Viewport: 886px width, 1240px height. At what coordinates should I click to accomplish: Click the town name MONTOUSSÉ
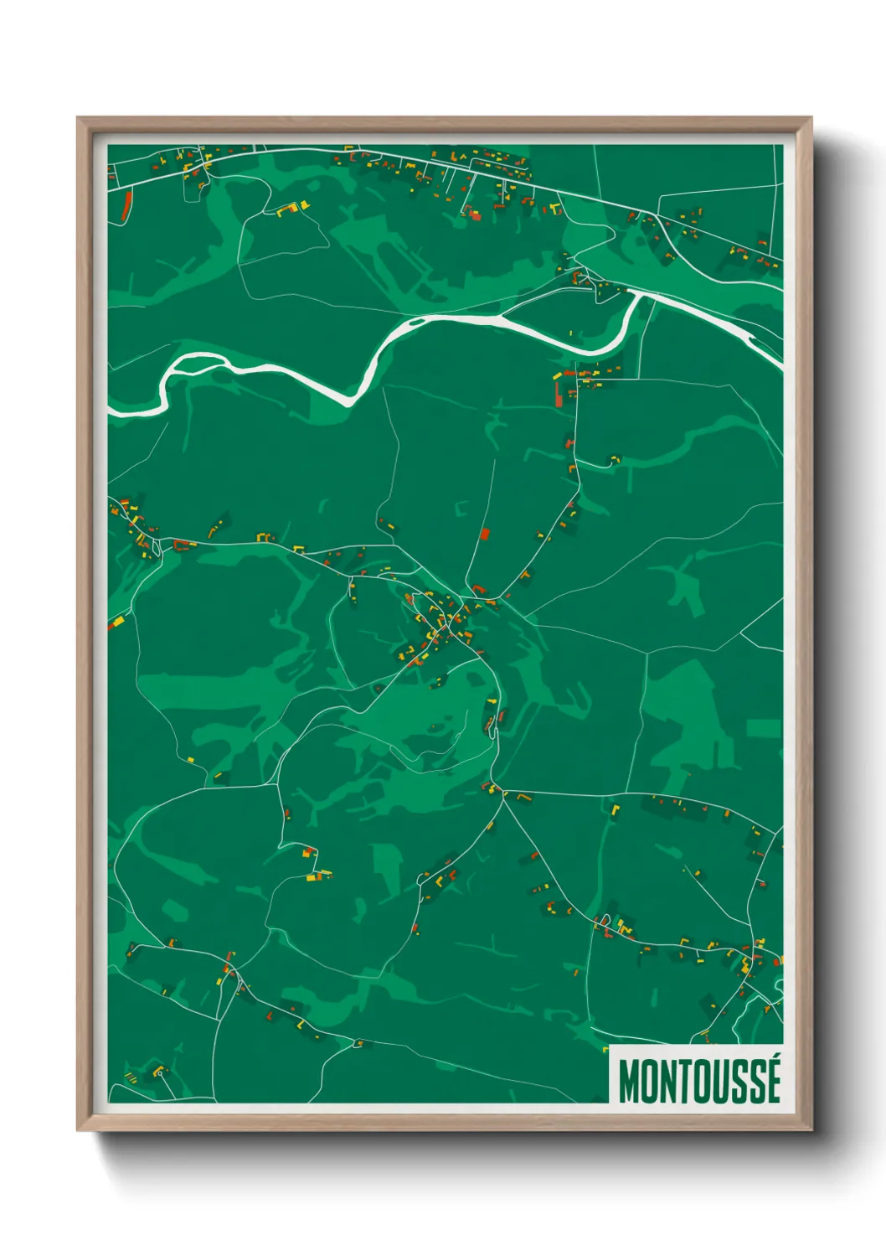click(698, 1081)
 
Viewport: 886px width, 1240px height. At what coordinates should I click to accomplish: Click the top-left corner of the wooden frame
click(78, 118)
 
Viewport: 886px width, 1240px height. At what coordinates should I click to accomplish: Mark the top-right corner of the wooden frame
click(810, 118)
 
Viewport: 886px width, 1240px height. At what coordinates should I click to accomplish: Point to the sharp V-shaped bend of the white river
click(353, 401)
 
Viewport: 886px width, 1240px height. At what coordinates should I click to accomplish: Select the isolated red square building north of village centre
click(484, 533)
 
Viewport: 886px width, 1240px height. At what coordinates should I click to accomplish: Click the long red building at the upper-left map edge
click(127, 206)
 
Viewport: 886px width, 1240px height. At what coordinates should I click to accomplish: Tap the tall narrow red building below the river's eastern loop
click(559, 391)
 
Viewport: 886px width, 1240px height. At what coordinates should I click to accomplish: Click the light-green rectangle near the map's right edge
click(762, 728)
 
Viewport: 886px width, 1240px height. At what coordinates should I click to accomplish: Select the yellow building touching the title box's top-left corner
click(605, 1047)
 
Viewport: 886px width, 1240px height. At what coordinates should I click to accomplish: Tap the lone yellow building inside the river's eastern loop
click(571, 333)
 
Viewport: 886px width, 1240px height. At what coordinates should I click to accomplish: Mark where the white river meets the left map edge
click(111, 409)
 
